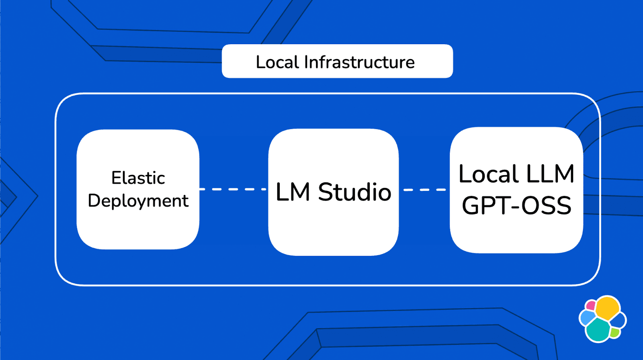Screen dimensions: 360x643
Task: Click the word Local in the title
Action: click(277, 62)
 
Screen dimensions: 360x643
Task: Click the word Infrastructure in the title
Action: click(359, 62)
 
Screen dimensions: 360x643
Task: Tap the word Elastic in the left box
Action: click(138, 178)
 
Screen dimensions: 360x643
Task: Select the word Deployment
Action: click(138, 200)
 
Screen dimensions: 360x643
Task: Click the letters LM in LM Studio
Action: click(293, 192)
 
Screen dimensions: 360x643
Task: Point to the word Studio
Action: click(354, 192)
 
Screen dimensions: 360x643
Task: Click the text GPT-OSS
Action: click(516, 206)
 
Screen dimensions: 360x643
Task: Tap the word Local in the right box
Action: click(489, 174)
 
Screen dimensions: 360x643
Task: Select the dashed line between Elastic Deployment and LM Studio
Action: click(233, 189)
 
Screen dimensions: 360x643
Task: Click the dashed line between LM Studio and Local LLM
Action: click(424, 190)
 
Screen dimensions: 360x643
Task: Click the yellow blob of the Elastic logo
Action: click(607, 307)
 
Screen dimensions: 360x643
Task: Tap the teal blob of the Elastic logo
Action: click(598, 330)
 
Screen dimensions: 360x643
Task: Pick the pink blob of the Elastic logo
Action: click(590, 306)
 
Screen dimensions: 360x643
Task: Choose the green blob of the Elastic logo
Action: click(614, 332)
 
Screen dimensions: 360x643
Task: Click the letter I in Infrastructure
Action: click(307, 62)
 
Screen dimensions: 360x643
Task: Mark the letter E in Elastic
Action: click(116, 178)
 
